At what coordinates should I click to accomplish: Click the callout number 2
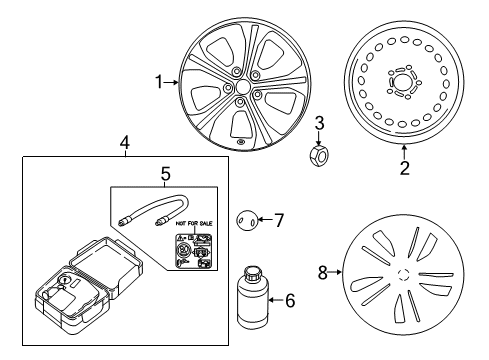(x=405, y=168)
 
